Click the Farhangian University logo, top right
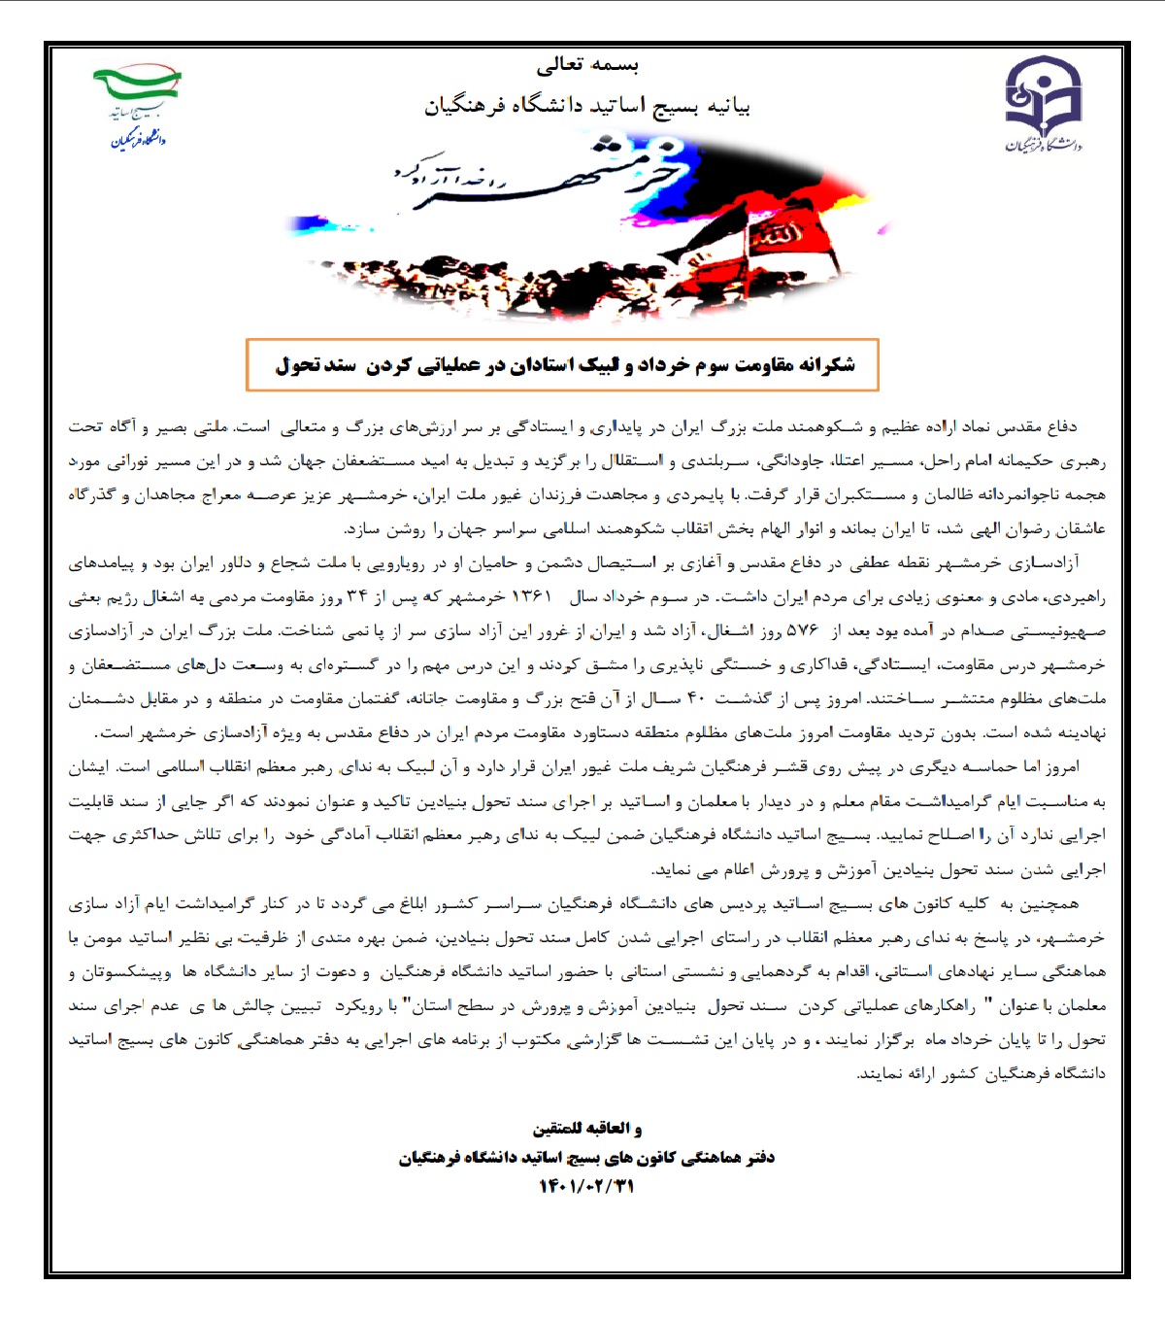point(1043,103)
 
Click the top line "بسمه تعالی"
point(587,65)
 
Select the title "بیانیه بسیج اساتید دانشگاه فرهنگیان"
point(587,105)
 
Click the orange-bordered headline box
point(562,364)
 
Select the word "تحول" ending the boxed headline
point(297,365)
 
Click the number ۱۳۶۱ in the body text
point(531,596)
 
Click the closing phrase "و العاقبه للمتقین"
point(586,1128)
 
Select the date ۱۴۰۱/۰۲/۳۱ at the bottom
point(586,1186)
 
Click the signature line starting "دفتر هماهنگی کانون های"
point(586,1157)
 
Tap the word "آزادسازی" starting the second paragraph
point(1045,562)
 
